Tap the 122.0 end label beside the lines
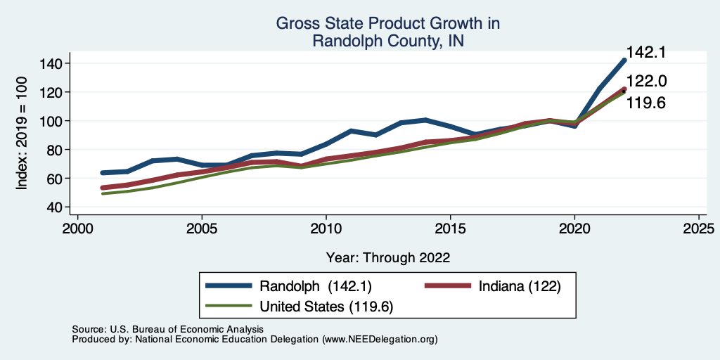click(646, 82)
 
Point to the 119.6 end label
click(646, 103)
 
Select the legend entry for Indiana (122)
click(519, 286)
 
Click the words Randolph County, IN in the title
click(388, 41)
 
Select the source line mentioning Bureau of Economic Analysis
click(167, 329)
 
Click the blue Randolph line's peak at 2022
click(624, 60)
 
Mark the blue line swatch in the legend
click(229, 286)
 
